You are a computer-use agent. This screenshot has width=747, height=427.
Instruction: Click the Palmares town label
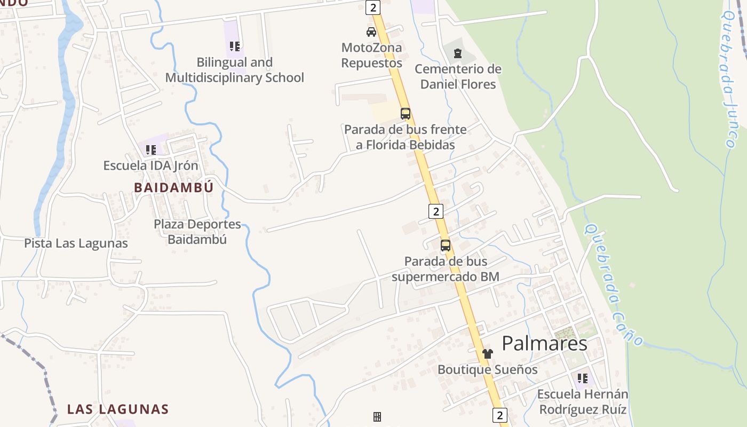point(544,343)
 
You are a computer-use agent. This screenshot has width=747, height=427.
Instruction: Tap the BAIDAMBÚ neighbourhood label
point(173,188)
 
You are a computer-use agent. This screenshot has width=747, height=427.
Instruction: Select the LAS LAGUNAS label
point(117,409)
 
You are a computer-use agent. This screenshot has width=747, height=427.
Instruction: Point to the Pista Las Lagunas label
point(76,243)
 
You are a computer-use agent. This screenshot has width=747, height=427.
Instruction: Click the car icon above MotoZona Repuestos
point(371,32)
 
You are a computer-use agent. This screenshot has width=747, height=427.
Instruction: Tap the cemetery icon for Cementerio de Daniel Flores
point(457,53)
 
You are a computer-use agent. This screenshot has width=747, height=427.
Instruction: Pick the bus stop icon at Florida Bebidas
point(406,113)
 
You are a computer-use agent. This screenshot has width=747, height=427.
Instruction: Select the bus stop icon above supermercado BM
point(445,246)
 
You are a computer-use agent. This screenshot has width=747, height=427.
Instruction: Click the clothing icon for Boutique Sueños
point(487,353)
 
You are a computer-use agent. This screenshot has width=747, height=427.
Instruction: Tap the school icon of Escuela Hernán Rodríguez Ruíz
point(582,378)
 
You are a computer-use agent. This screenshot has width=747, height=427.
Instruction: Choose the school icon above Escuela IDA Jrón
point(151,150)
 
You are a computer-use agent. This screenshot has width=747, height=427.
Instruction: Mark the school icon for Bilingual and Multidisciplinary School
point(235,46)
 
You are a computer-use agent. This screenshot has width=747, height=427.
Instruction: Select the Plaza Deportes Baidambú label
point(197,232)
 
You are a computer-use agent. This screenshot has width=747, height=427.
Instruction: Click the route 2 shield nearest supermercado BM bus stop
point(436,211)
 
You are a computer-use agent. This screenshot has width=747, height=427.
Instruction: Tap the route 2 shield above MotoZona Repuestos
point(372,7)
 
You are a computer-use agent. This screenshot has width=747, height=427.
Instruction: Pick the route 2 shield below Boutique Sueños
point(499,415)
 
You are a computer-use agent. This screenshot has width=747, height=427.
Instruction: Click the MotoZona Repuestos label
point(371,56)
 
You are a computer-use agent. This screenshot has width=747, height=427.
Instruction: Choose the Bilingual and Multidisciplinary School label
point(234,70)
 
